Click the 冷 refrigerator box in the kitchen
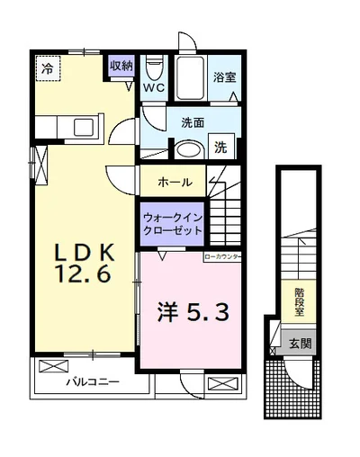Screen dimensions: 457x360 [x=46, y=67]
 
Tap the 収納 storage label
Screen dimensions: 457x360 [x=121, y=65]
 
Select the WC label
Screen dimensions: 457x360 [x=154, y=87]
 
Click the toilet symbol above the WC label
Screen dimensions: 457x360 [x=154, y=68]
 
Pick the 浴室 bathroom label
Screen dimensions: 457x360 [x=224, y=78]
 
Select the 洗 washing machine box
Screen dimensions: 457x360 [x=220, y=148]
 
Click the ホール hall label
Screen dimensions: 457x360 [x=174, y=182]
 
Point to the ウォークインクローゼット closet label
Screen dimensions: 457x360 [x=170, y=222]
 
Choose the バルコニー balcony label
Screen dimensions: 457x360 [x=93, y=382]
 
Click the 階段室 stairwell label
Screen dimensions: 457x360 [x=297, y=300]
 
